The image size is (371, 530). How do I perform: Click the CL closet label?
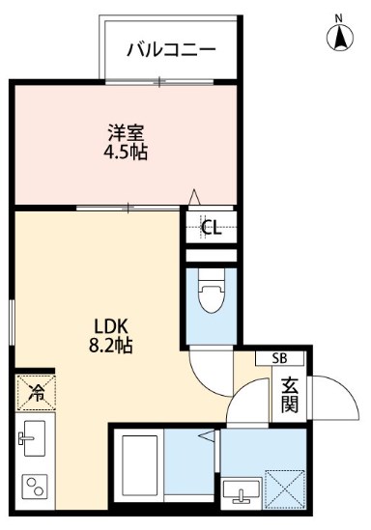pos(210,229)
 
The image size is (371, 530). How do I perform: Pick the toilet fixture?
pos(210,292)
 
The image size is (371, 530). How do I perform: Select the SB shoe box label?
pos(280,358)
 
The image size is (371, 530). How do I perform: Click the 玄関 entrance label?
pos(289,394)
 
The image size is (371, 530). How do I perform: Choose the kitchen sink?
pos(34,438)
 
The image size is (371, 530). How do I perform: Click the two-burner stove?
pos(35,486)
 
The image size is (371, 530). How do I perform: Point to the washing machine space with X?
pos(287,488)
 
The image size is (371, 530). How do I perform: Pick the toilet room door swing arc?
pos(208,367)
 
